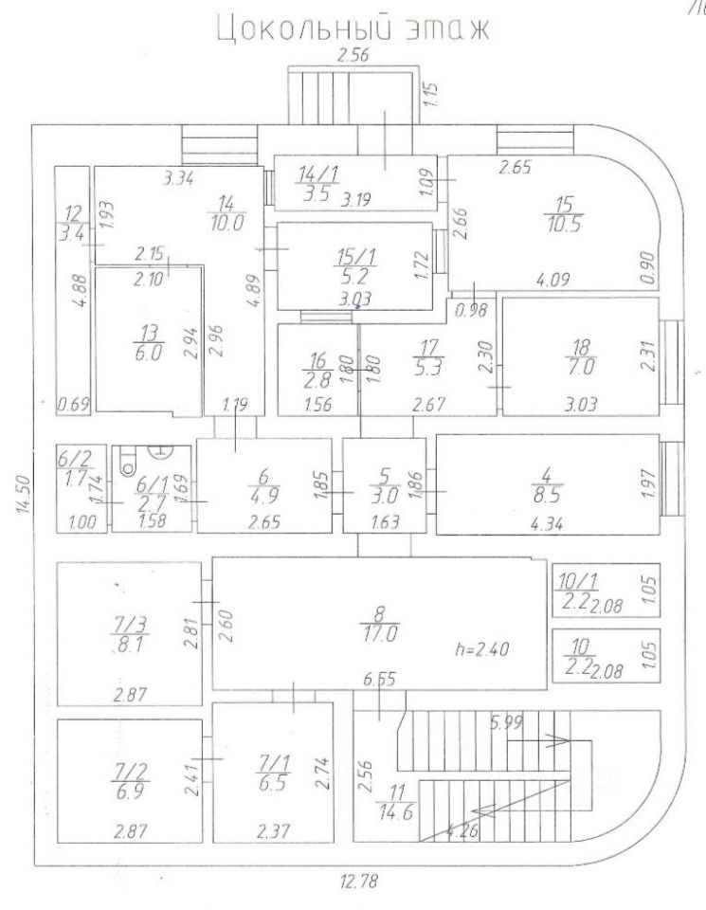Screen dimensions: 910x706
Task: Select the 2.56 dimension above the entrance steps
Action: (352, 56)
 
